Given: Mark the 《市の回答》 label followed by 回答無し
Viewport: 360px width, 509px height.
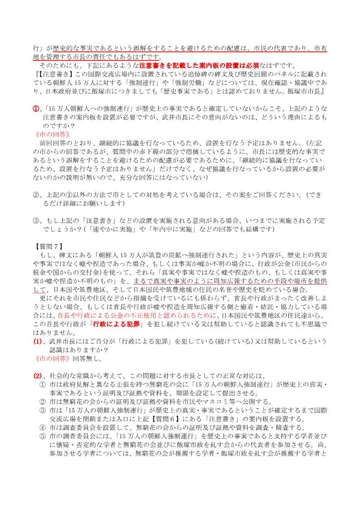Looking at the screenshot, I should click(x=52, y=358).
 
